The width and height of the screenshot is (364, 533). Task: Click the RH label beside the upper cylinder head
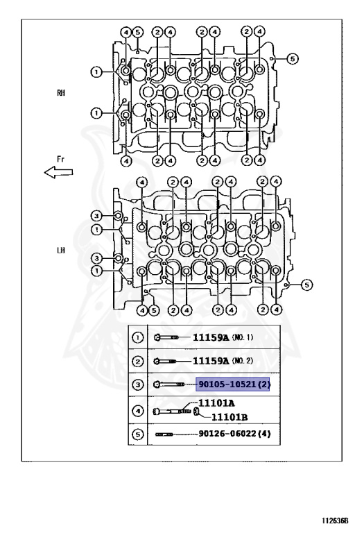click(x=61, y=92)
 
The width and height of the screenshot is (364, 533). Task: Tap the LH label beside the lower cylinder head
click(x=61, y=251)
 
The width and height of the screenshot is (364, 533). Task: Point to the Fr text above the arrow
click(x=61, y=159)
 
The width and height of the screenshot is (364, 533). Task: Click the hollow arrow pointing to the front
click(x=58, y=172)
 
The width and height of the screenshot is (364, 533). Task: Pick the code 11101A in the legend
click(x=216, y=403)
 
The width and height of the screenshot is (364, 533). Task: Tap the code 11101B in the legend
click(x=229, y=417)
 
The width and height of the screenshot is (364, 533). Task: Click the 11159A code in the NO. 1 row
click(x=211, y=337)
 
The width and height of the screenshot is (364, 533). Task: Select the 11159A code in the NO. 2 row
click(x=211, y=361)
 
